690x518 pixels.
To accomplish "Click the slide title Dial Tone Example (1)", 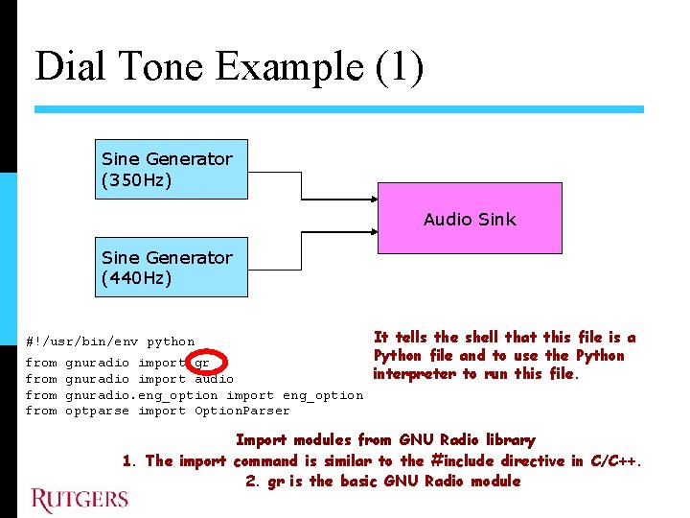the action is click(x=229, y=67).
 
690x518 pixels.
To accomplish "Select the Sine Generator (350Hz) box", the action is click(x=170, y=169).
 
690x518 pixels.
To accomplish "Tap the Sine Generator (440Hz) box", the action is click(x=170, y=268).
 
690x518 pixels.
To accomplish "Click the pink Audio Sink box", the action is click(x=469, y=220).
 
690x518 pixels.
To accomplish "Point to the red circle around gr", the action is click(x=208, y=364).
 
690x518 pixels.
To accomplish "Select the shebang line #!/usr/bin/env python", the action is click(x=109, y=341).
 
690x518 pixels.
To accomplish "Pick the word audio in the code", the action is click(x=214, y=379).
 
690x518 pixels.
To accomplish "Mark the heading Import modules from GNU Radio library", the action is click(x=384, y=440).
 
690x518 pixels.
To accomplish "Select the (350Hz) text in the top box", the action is click(x=137, y=179).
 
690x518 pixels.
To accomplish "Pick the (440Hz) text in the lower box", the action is click(x=137, y=278).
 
